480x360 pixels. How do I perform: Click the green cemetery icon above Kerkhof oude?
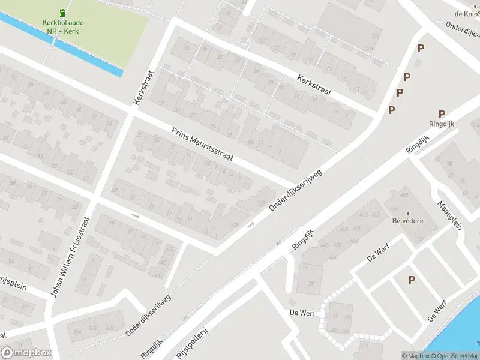[x=63, y=13]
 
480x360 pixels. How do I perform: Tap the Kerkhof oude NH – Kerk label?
[x=63, y=27]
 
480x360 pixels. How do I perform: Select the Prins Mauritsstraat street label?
[x=202, y=147]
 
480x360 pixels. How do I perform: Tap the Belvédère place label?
[x=408, y=221]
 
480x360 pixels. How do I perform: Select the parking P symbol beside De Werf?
[x=412, y=280]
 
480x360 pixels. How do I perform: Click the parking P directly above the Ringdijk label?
[x=442, y=114]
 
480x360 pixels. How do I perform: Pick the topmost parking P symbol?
[x=421, y=48]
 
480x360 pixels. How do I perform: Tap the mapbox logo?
[x=25, y=352]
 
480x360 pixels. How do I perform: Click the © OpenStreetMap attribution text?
[x=458, y=356]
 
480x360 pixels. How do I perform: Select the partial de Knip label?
[x=467, y=13]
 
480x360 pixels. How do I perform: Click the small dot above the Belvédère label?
[x=408, y=213]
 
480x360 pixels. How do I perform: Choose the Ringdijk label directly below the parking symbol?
[x=442, y=124]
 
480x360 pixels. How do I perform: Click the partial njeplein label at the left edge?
[x=13, y=286]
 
